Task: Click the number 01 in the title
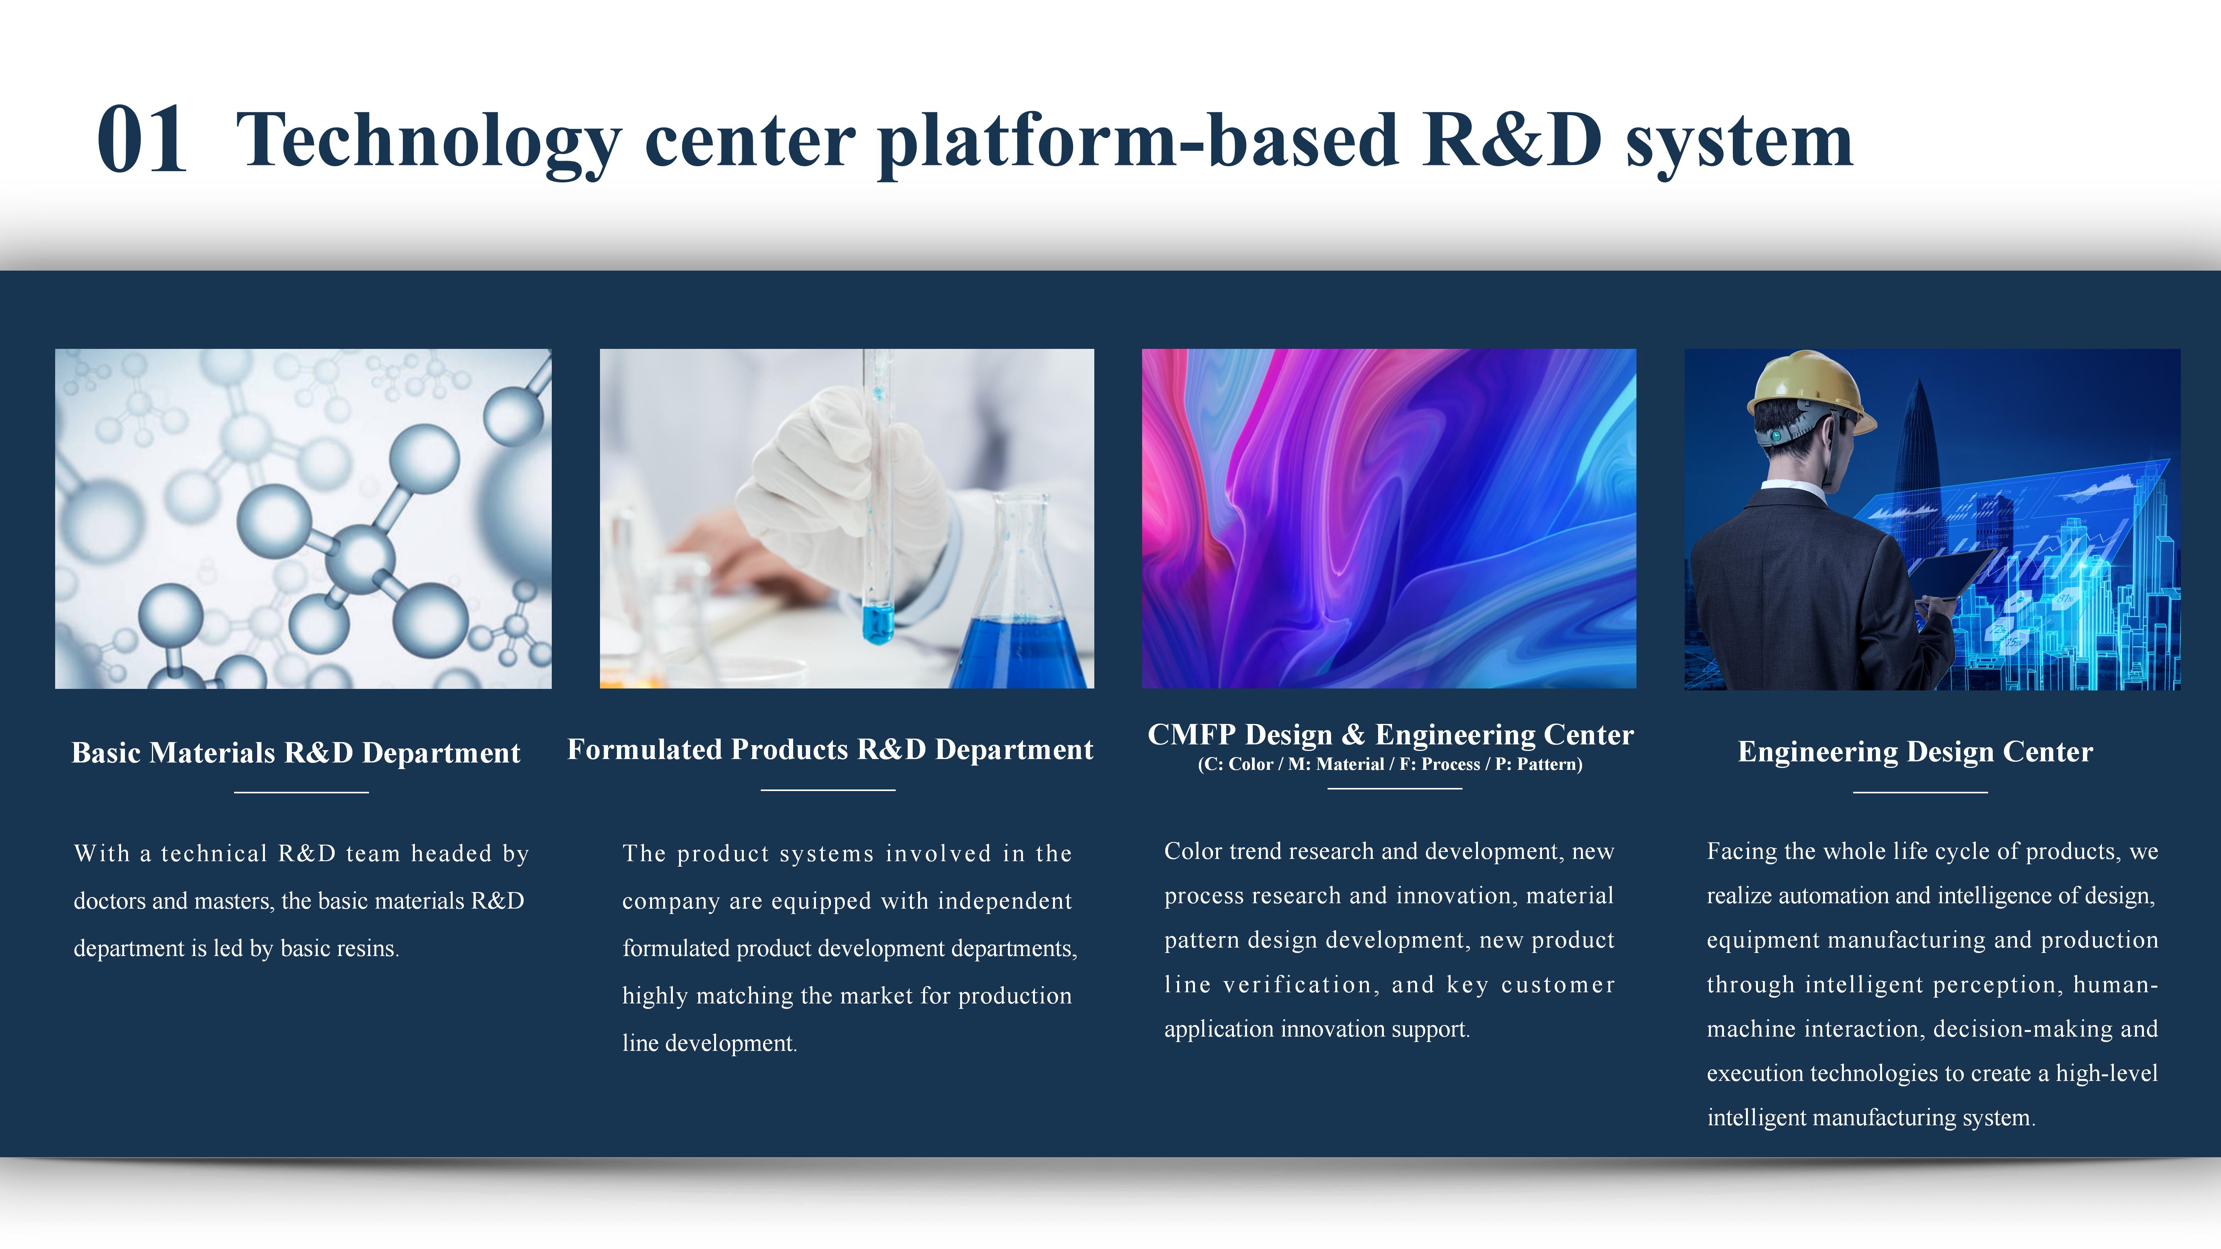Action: coord(142,140)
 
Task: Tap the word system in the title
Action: coord(1739,143)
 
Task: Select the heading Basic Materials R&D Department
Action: coord(296,752)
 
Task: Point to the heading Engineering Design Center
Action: coord(1915,752)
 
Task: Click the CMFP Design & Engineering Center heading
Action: coord(1390,734)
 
